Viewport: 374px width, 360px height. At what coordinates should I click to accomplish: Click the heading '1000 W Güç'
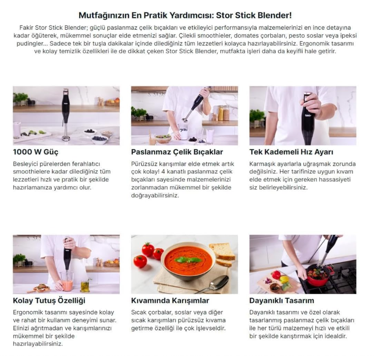click(36, 152)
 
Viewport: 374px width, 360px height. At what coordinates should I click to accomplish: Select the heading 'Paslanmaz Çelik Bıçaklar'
click(177, 152)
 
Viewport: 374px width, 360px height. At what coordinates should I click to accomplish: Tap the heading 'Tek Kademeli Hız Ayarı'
click(291, 152)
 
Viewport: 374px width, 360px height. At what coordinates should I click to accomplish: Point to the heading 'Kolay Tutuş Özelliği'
click(49, 301)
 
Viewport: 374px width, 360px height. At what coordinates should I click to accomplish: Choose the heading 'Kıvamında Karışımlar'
click(170, 301)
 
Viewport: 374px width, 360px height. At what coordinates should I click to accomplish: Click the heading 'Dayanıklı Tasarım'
click(282, 301)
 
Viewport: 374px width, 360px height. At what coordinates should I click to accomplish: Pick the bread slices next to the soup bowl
click(222, 254)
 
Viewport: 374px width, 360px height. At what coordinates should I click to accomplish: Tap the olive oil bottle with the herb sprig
click(85, 285)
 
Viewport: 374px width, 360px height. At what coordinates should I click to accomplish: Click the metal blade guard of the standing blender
click(66, 138)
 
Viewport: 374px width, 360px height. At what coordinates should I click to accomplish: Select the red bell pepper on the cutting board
click(276, 274)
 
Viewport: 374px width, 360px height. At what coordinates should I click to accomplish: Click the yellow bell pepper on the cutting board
click(284, 279)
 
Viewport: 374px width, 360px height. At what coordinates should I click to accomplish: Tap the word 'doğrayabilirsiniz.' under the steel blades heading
click(155, 196)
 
